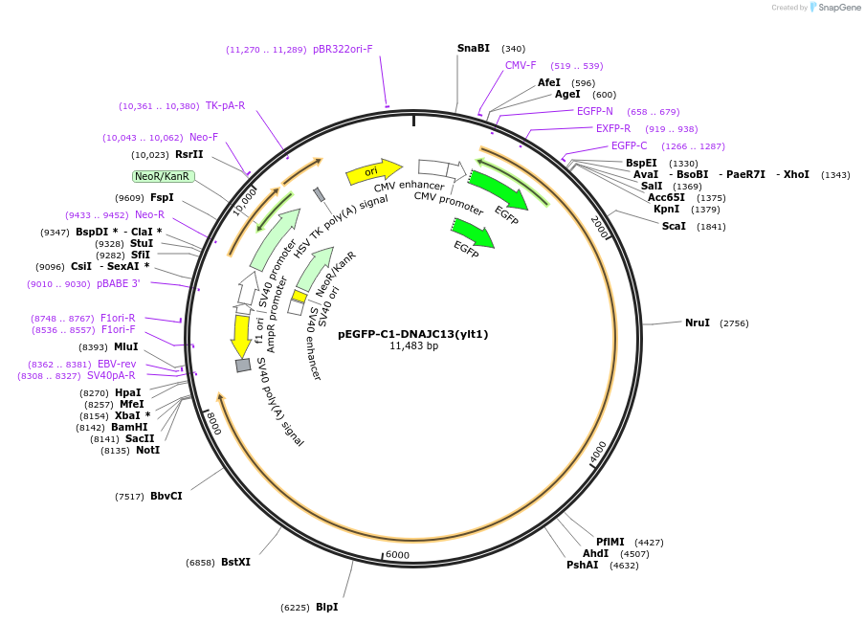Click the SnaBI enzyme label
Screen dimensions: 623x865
(x=473, y=48)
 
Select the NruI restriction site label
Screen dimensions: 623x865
(x=698, y=323)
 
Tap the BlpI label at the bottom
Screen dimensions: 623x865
(x=325, y=607)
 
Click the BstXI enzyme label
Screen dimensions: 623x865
(x=235, y=562)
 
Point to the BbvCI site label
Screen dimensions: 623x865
(x=166, y=496)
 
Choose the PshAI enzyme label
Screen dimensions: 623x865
(x=582, y=565)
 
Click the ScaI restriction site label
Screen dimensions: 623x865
(x=674, y=226)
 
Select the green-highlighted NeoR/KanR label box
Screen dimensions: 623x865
(x=163, y=176)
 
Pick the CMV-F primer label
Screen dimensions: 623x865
(x=521, y=65)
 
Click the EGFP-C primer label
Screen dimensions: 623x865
(x=629, y=145)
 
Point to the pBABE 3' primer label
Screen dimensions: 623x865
(x=118, y=283)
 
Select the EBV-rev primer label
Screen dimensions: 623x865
(x=117, y=364)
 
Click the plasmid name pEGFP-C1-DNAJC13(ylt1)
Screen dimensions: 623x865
(x=413, y=334)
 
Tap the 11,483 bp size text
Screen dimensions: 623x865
(x=413, y=345)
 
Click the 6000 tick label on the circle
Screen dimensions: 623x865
(x=397, y=555)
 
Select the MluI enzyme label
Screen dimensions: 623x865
(x=125, y=347)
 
